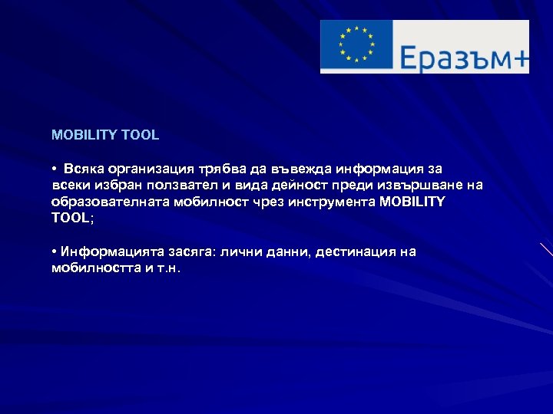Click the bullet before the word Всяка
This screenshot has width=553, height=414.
tap(55, 168)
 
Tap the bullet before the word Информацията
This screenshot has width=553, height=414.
tap(55, 252)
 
